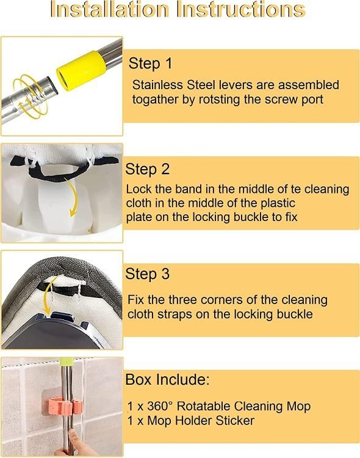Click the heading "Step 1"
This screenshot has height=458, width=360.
tap(150, 64)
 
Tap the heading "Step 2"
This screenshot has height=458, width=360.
tap(147, 169)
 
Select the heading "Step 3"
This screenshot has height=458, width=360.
tap(147, 274)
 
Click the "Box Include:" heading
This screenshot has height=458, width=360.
tap(167, 379)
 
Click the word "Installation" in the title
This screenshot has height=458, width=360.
tap(110, 9)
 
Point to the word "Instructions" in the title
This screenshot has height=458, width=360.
tap(241, 9)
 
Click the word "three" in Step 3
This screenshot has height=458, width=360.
tap(184, 300)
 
